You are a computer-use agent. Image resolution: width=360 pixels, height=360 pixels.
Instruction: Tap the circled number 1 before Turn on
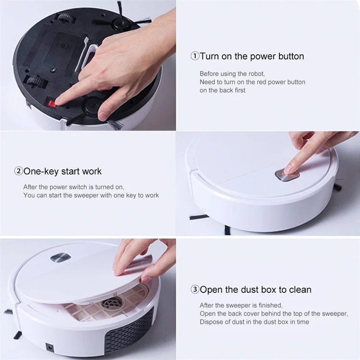tap(195, 57)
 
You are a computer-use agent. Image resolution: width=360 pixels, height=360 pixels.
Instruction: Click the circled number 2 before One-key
tap(19, 171)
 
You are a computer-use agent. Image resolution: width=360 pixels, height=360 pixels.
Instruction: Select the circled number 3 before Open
tap(195, 290)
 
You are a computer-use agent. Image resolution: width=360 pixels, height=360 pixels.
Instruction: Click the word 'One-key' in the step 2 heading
tap(40, 171)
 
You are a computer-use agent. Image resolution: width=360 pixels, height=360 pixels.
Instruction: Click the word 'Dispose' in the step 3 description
tap(211, 322)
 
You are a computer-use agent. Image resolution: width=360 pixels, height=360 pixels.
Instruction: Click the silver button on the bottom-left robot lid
tap(60, 258)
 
